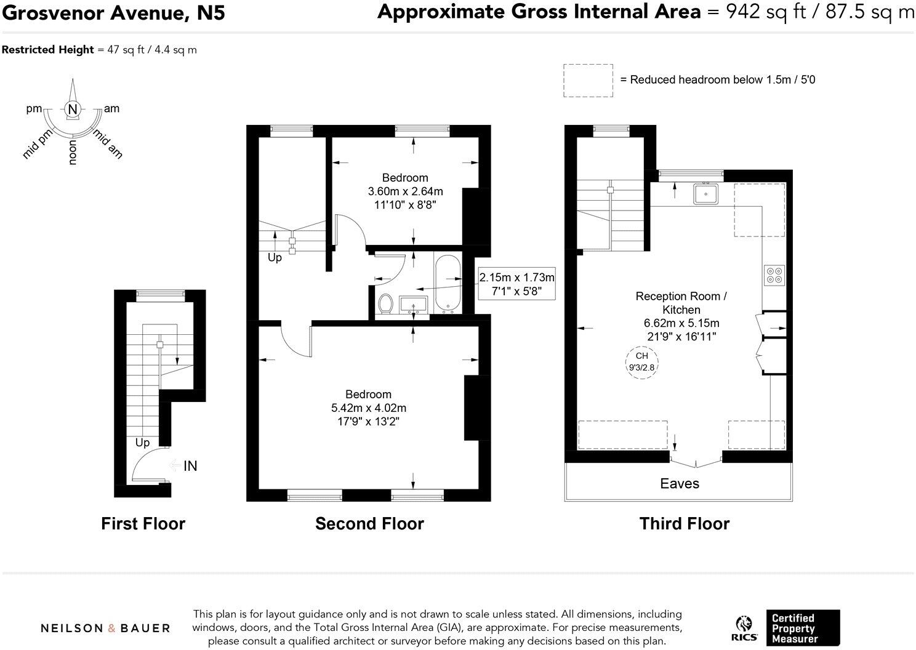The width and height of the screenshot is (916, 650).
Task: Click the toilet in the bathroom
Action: (x=386, y=303)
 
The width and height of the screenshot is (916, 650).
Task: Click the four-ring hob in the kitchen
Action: (x=774, y=275)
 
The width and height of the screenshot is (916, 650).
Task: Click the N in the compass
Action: (x=73, y=110)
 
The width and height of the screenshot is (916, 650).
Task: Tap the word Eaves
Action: (x=679, y=483)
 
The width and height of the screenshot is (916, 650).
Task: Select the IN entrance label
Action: (x=190, y=466)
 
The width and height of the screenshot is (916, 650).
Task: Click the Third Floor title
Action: (x=684, y=523)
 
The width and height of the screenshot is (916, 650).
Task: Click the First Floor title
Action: (x=143, y=523)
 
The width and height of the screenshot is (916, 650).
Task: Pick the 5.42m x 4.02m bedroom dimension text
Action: (x=368, y=407)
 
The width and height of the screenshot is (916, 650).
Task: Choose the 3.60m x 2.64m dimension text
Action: (x=405, y=191)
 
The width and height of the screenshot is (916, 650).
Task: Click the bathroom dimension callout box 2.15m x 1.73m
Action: (x=516, y=284)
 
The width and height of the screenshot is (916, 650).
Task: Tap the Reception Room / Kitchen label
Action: (x=681, y=303)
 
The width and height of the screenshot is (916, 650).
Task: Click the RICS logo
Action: (x=744, y=628)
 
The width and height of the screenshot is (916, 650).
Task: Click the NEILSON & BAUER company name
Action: (x=105, y=628)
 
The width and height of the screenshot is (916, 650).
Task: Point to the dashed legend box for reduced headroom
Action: (x=588, y=80)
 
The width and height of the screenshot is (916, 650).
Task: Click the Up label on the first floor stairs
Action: (x=142, y=443)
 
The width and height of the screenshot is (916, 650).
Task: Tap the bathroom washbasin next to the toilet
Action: (x=414, y=304)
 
